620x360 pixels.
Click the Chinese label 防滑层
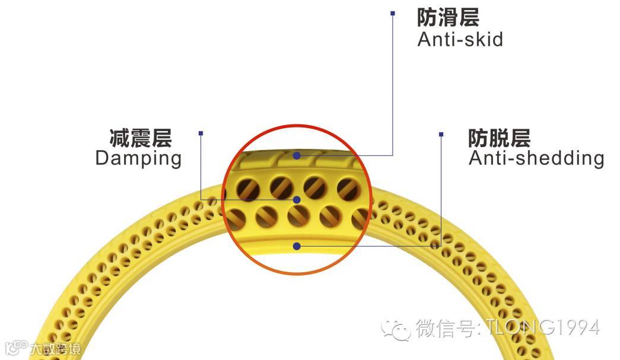click(448, 17)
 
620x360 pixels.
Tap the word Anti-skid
click(460, 40)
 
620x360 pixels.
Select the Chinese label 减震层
click(141, 138)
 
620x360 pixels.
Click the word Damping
click(138, 158)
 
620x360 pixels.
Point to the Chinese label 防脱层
click(499, 138)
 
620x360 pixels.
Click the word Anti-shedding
click(536, 158)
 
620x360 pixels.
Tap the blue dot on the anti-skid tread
click(297, 155)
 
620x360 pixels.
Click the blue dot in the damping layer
click(297, 199)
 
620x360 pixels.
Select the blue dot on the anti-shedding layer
click(297, 246)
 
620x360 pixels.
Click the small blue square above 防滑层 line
click(392, 12)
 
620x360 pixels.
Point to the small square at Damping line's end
click(201, 133)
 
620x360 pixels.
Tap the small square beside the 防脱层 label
click(441, 134)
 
